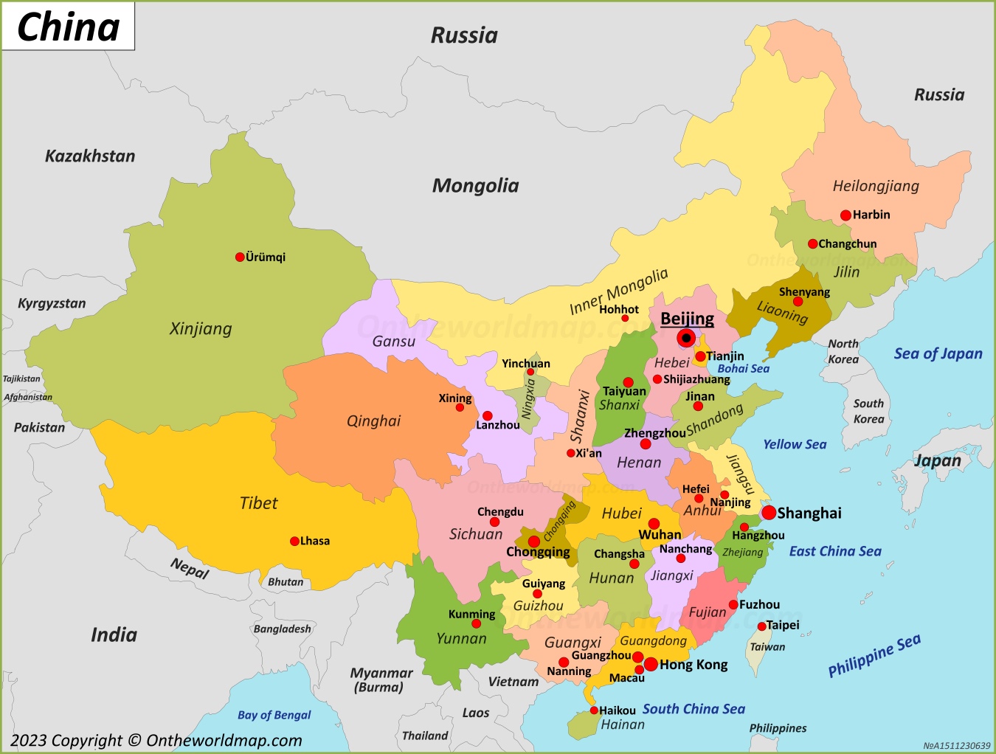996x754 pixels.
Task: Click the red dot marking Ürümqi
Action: pos(240,257)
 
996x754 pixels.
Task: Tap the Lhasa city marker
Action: pos(294,541)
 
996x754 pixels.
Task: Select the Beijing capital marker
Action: pos(686,339)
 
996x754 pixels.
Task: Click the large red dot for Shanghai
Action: pos(769,513)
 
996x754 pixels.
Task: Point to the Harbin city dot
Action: pos(845,215)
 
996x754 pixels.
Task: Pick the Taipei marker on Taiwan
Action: pos(761,626)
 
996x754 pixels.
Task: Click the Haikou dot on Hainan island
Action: pos(594,710)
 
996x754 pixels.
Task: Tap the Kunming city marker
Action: pos(476,624)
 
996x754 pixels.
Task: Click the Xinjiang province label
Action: pos(201,329)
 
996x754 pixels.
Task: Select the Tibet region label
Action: pos(258,503)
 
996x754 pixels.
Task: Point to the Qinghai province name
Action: pos(373,421)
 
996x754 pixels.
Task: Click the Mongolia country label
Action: pos(475,186)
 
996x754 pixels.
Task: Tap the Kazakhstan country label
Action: pos(90,156)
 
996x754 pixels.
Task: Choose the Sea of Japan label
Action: pos(938,354)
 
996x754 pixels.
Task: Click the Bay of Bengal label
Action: pos(274,715)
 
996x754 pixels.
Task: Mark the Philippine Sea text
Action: pos(874,655)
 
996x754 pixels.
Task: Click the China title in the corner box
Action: pos(68,27)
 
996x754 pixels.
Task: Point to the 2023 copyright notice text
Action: pos(156,740)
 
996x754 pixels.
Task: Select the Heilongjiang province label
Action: pos(876,186)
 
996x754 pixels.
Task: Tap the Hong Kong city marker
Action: pos(651,664)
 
